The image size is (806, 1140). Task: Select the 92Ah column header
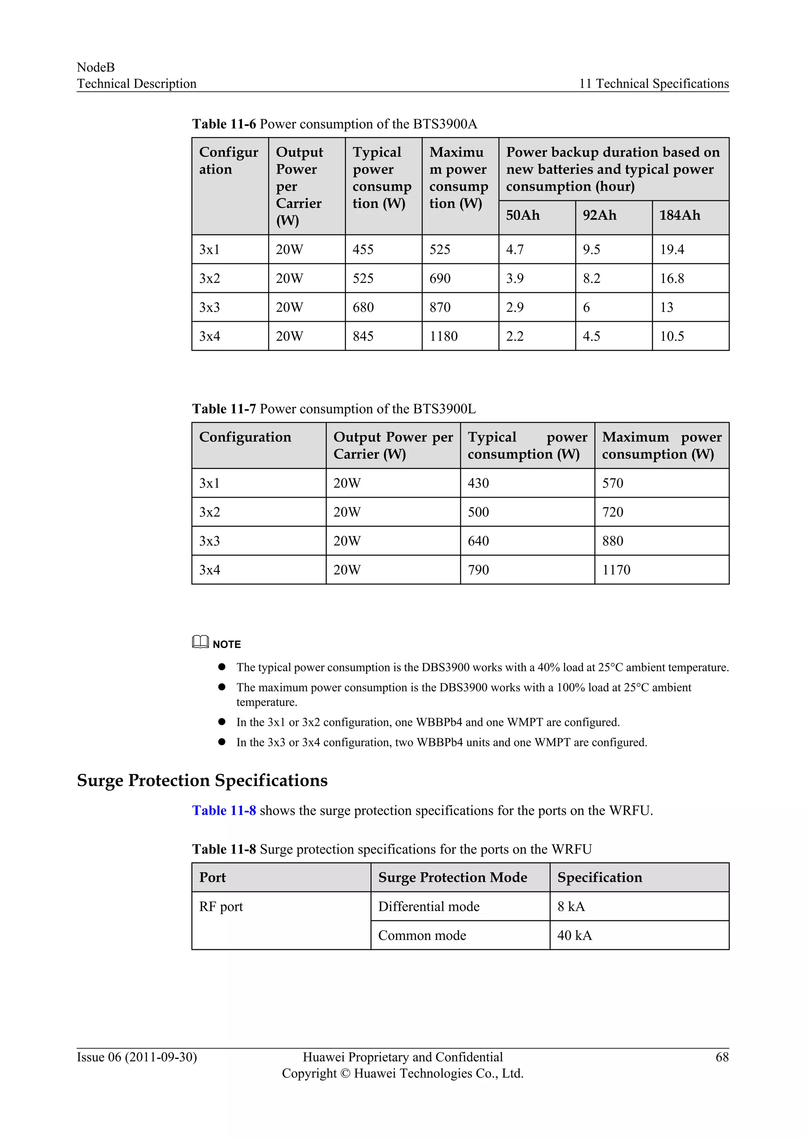(x=599, y=215)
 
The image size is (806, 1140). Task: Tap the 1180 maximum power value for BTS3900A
(x=443, y=336)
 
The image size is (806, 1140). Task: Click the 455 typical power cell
(x=363, y=249)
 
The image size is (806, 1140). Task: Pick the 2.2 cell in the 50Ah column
(x=515, y=336)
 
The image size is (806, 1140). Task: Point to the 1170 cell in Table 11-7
(x=616, y=570)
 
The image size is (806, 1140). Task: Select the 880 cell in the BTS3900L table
(x=612, y=541)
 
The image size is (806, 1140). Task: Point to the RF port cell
(x=221, y=907)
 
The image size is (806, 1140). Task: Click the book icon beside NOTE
(x=200, y=642)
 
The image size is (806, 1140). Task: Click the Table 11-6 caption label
(x=224, y=124)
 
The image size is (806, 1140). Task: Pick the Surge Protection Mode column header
(x=452, y=877)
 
